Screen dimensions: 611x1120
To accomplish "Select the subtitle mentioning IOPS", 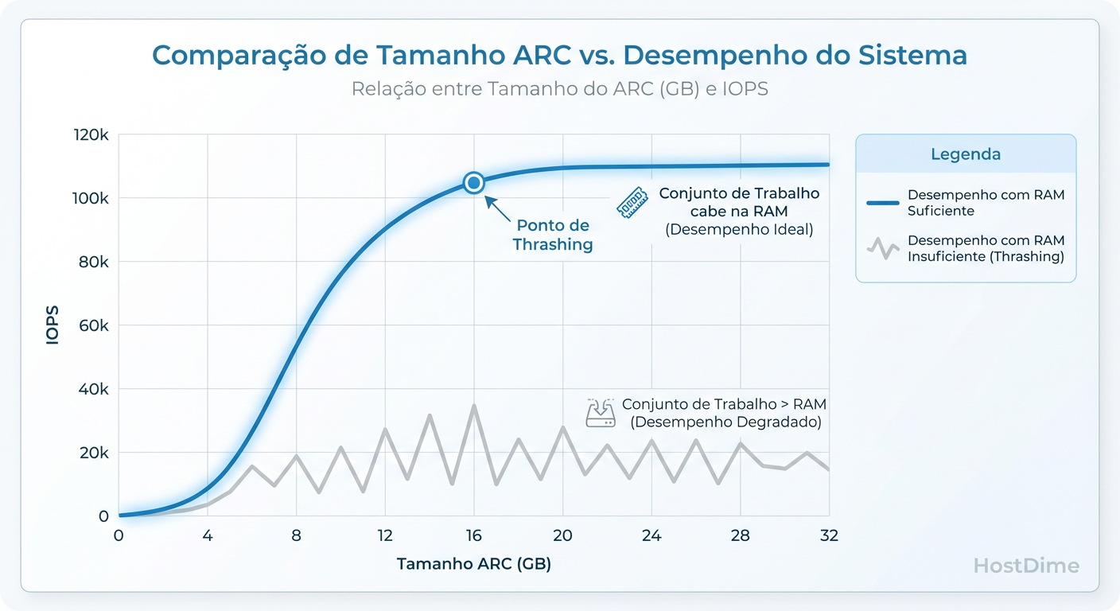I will tap(559, 89).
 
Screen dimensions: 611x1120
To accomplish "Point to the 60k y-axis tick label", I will tap(94, 325).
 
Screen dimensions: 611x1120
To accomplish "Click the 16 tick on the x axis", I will tap(474, 536).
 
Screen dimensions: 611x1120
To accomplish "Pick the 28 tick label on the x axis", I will tap(740, 536).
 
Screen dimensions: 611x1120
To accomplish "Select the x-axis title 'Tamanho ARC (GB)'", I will tap(473, 564).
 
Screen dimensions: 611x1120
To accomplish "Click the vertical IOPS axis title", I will tap(52, 325).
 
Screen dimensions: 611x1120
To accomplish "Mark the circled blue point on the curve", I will tap(474, 183).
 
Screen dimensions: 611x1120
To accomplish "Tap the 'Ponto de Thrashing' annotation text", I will tap(553, 235).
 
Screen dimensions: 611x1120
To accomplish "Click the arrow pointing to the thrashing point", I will tap(498, 208).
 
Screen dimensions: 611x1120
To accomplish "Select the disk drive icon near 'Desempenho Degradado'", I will tap(600, 413).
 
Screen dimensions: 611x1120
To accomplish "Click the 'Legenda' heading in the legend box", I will tap(966, 154).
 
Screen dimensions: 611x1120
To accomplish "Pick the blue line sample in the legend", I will tap(882, 203).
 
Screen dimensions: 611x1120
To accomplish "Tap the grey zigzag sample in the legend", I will tap(882, 248).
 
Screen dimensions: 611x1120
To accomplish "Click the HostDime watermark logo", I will tap(1026, 566).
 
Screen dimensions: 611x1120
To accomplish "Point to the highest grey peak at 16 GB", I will tap(474, 406).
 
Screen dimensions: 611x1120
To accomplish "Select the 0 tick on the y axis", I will tap(103, 516).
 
